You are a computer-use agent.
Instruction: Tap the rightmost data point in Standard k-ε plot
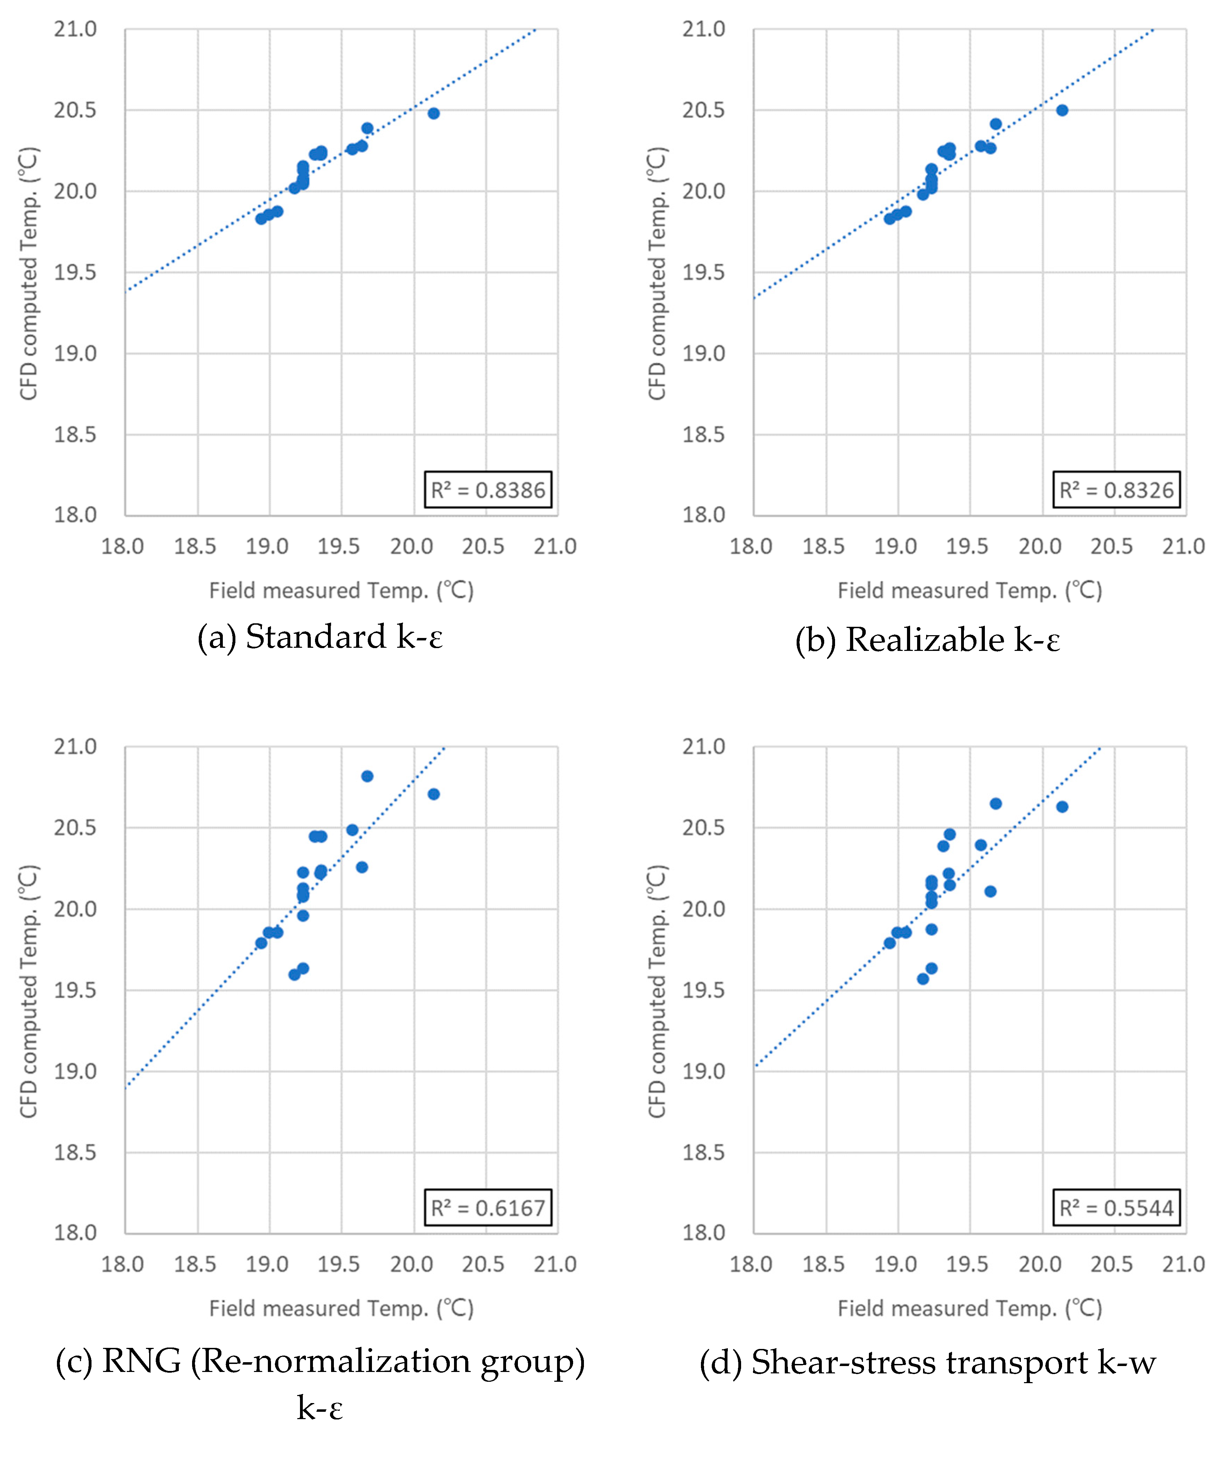coord(433,113)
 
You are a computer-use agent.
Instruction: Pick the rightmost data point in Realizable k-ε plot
coord(1062,110)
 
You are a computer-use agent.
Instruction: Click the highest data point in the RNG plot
coord(367,776)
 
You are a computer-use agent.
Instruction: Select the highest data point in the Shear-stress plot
coord(995,803)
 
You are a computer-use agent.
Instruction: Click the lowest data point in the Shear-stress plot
coord(923,979)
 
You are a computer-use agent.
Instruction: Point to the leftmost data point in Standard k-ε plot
coord(261,219)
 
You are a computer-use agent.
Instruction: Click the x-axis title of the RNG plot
coord(341,1308)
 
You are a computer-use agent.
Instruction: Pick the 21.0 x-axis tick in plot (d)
coord(1183,1264)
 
